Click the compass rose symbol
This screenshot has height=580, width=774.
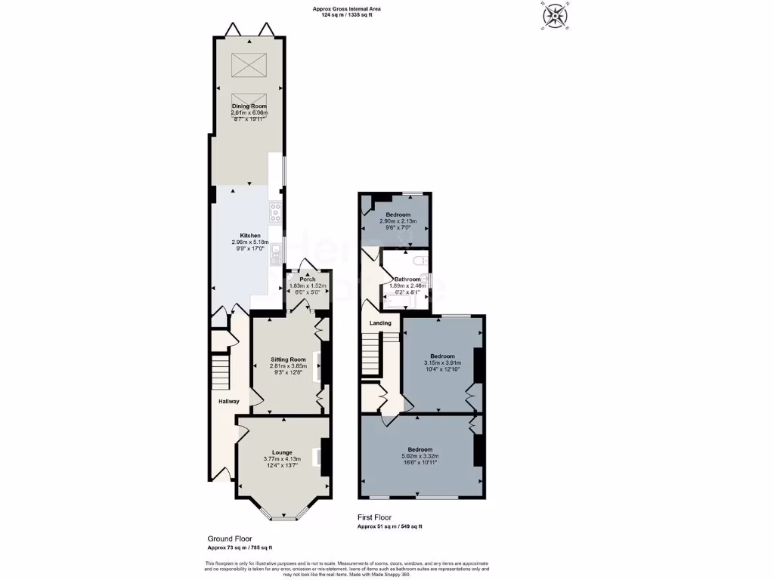pyautogui.click(x=556, y=15)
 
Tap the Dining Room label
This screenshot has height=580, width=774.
pyautogui.click(x=249, y=106)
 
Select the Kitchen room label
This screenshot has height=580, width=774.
pyautogui.click(x=249, y=236)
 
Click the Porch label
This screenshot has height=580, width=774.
pyautogui.click(x=308, y=279)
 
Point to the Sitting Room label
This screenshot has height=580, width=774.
pyautogui.click(x=288, y=359)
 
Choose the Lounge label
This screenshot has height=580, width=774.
pyautogui.click(x=282, y=452)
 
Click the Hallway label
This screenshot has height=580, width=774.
pyautogui.click(x=229, y=401)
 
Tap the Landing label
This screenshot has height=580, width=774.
pyautogui.click(x=380, y=323)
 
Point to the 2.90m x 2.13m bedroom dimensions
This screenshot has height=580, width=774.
pyautogui.click(x=398, y=222)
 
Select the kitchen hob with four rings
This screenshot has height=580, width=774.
pyautogui.click(x=276, y=212)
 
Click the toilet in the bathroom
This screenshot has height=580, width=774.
pyautogui.click(x=421, y=261)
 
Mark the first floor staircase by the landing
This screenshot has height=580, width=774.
pyautogui.click(x=370, y=354)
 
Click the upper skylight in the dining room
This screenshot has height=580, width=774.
pyautogui.click(x=249, y=66)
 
